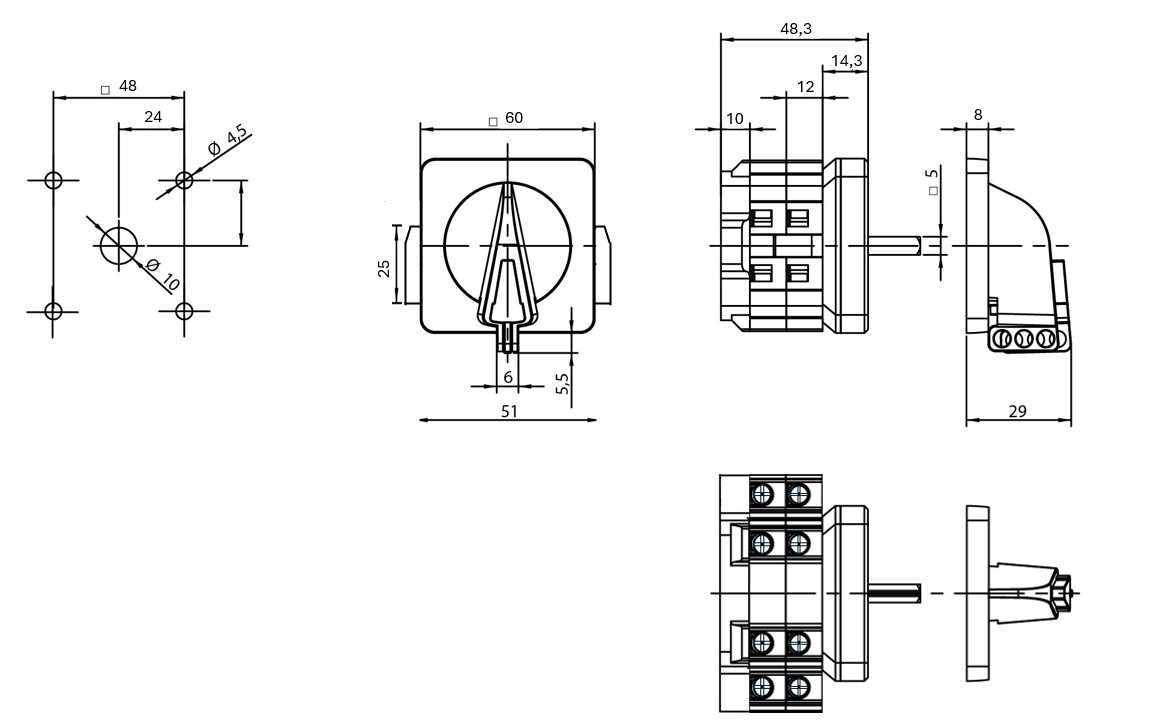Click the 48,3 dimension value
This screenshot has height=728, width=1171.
point(795,29)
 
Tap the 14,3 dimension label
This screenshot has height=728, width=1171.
point(847,61)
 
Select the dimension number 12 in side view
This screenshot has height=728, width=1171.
point(806,88)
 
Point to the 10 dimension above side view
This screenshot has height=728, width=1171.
point(735,119)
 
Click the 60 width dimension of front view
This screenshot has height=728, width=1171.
point(513,118)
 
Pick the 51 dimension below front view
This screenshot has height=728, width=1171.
point(508,411)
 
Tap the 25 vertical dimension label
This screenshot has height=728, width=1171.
point(383,268)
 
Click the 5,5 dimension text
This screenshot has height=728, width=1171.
point(562,385)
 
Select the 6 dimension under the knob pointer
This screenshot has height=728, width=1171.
point(508,377)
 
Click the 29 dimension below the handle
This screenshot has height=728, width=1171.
point(1018,411)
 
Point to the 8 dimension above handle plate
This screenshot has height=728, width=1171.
point(978,116)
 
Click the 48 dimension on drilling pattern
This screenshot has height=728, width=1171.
point(127,86)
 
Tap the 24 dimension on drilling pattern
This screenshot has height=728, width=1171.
point(152,117)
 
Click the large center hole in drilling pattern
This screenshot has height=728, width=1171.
point(119,245)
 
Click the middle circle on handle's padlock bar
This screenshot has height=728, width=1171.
point(1023,340)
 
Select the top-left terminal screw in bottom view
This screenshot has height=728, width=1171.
point(763,494)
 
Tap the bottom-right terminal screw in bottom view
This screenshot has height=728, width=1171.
point(797,687)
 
